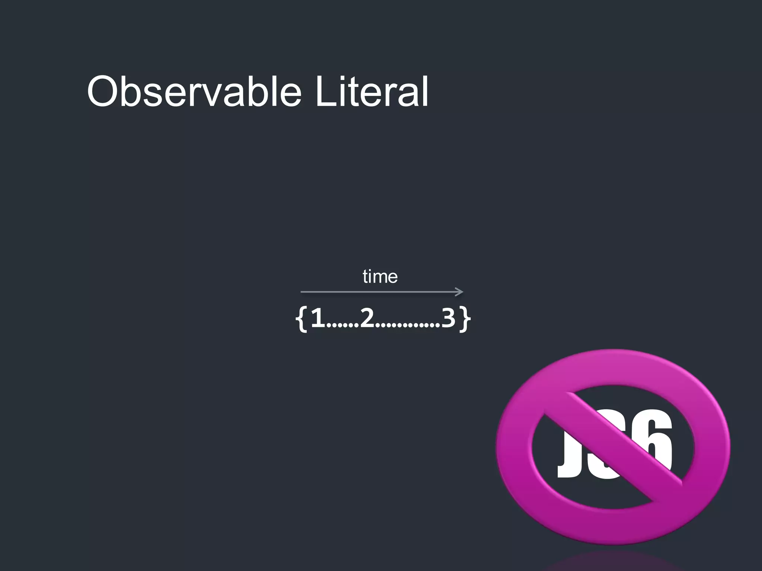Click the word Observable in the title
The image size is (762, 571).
pos(194,91)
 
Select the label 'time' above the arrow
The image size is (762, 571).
pos(380,277)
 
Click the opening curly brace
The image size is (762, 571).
pos(301,319)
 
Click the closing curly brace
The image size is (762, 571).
pos(465,319)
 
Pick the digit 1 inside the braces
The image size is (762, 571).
pos(318,318)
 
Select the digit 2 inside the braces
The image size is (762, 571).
pos(367,318)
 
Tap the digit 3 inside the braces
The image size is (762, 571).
pos(448,318)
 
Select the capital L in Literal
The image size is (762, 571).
pos(326,91)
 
